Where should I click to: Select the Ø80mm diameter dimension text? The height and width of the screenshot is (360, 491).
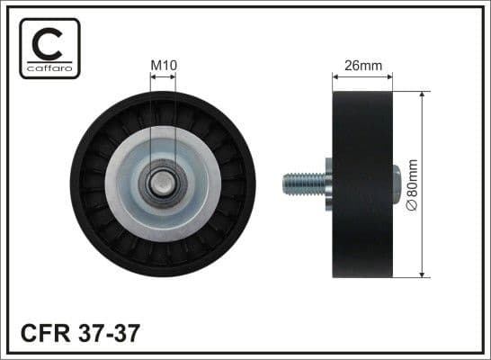click(413, 184)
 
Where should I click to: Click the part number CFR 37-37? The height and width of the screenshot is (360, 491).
click(80, 334)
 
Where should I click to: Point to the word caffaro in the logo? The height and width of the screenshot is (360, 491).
click(49, 68)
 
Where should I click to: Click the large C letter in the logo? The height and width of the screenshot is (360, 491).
click(49, 43)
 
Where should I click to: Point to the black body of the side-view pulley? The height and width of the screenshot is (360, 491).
click(363, 184)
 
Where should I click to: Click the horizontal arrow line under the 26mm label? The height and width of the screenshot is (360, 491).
click(363, 76)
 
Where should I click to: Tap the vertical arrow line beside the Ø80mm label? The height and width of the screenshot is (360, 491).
click(423, 184)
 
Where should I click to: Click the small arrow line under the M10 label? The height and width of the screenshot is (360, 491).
click(163, 76)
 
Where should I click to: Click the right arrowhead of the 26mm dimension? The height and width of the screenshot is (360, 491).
click(391, 76)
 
